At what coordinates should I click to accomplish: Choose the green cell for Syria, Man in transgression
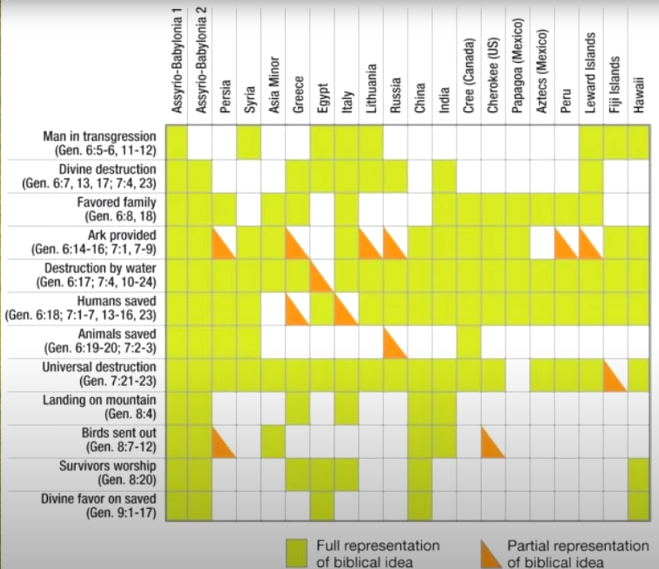pos(249,143)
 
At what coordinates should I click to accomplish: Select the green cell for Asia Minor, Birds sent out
pos(273,441)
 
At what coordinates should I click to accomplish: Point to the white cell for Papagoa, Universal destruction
pos(517,375)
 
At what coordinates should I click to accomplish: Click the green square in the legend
pos(297,553)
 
